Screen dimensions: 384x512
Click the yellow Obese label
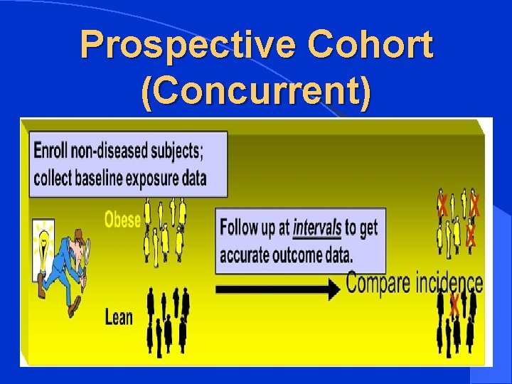[x=122, y=220]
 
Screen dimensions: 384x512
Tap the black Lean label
[x=119, y=316]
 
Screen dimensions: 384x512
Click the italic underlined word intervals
[x=317, y=229]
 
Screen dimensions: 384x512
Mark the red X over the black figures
[x=454, y=306]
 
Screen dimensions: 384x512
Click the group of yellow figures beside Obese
[x=165, y=229]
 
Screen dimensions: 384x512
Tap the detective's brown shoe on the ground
[x=73, y=308]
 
